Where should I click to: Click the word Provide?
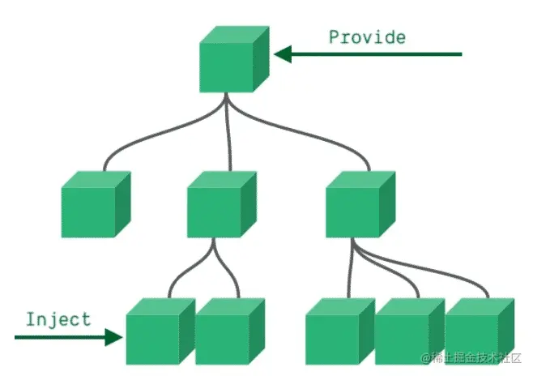[x=367, y=36]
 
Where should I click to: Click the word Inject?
[x=58, y=318]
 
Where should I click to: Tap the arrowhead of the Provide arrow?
[x=282, y=54]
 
